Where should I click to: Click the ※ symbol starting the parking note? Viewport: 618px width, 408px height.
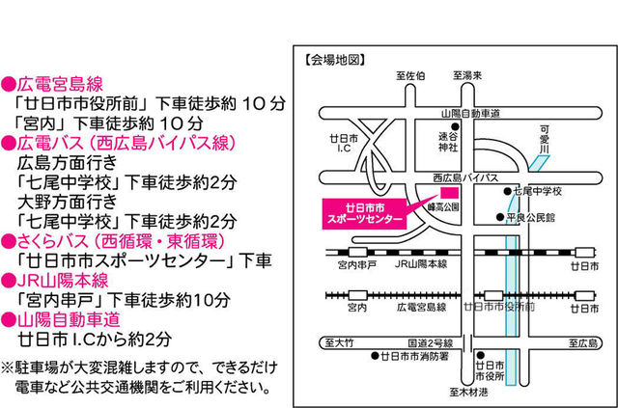pyautogui.click(x=8, y=367)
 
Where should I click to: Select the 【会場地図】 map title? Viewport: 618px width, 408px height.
pyautogui.click(x=334, y=60)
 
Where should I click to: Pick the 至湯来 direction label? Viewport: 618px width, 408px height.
pyautogui.click(x=468, y=74)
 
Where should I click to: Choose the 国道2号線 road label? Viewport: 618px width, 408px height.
pyautogui.click(x=429, y=342)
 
